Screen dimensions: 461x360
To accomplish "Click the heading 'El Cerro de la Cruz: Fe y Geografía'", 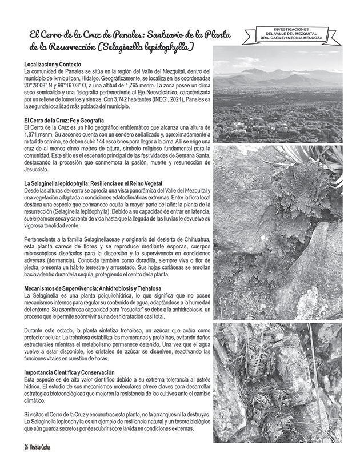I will click(x=63, y=120).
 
